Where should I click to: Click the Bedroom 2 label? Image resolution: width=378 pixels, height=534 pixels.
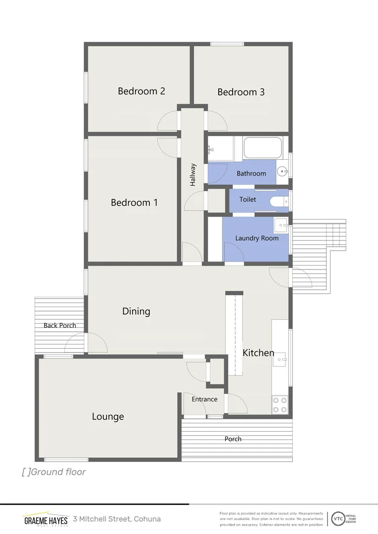point(141,91)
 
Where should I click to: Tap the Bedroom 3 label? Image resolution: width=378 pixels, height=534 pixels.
point(241,92)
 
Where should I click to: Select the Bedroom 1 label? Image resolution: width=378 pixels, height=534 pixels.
point(134,202)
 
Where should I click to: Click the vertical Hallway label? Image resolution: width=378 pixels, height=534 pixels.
point(193,175)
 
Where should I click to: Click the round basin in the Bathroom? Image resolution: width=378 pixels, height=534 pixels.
point(283,172)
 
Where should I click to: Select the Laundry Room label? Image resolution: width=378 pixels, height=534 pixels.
point(257,238)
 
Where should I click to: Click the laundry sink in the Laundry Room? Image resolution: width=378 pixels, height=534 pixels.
point(281,225)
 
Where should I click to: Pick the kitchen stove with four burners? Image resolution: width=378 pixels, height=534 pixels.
point(280,405)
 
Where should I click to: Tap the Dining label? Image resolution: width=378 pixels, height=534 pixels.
point(136,311)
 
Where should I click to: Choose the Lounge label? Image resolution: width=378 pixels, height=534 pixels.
point(108,417)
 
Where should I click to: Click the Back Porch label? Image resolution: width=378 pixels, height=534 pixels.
point(60,325)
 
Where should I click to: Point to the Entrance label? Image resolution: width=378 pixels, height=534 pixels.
point(204,399)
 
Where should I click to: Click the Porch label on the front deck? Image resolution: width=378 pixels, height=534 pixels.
point(233,439)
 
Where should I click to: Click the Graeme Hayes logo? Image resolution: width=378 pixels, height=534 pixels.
point(46,520)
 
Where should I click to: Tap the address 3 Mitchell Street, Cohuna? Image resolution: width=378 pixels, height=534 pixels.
point(117,519)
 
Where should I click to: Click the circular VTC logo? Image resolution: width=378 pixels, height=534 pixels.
point(338,519)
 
